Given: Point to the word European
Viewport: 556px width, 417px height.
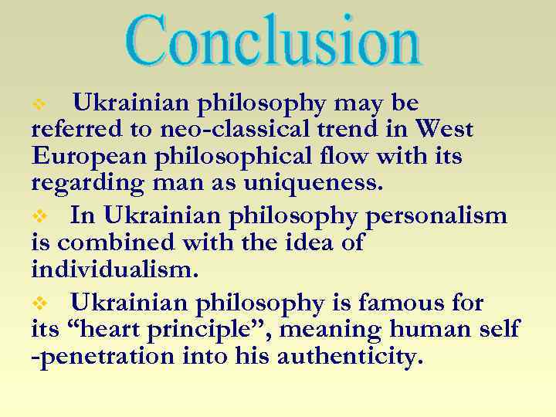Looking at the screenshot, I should point(86,157).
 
